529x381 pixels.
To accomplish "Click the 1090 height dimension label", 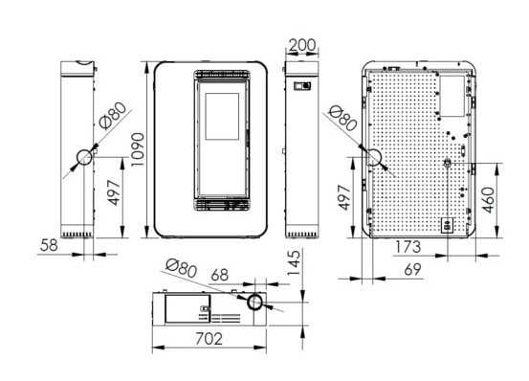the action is coord(138,149).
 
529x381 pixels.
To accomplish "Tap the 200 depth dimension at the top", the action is coord(302,45).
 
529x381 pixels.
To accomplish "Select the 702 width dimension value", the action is coord(209,339).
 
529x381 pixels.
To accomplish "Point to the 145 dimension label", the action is coord(294,262).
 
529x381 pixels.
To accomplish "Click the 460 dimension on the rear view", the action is coord(489,200).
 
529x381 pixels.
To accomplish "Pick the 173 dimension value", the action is coord(408,247).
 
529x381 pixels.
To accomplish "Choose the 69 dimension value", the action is coord(413,270).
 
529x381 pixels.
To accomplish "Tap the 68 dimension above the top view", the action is coord(220,276).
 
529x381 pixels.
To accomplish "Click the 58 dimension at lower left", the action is coord(49,245).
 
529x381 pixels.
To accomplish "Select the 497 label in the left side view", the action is coord(114,192).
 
